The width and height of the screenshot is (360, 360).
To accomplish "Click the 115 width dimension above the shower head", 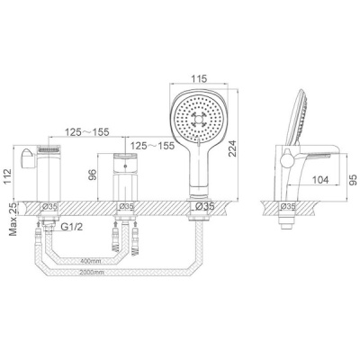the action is click(199, 79).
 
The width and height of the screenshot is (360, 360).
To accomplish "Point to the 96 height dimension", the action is click(93, 175).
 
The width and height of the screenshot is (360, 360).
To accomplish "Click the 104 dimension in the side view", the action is click(320, 180).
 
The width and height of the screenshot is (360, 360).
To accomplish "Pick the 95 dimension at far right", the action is click(354, 179).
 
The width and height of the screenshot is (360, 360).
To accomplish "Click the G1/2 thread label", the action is click(72, 227).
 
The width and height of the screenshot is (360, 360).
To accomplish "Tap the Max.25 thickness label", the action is click(13, 218).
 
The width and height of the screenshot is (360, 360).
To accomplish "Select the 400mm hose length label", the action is click(90, 261).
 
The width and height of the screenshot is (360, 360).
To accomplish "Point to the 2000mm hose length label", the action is click(92, 273).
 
